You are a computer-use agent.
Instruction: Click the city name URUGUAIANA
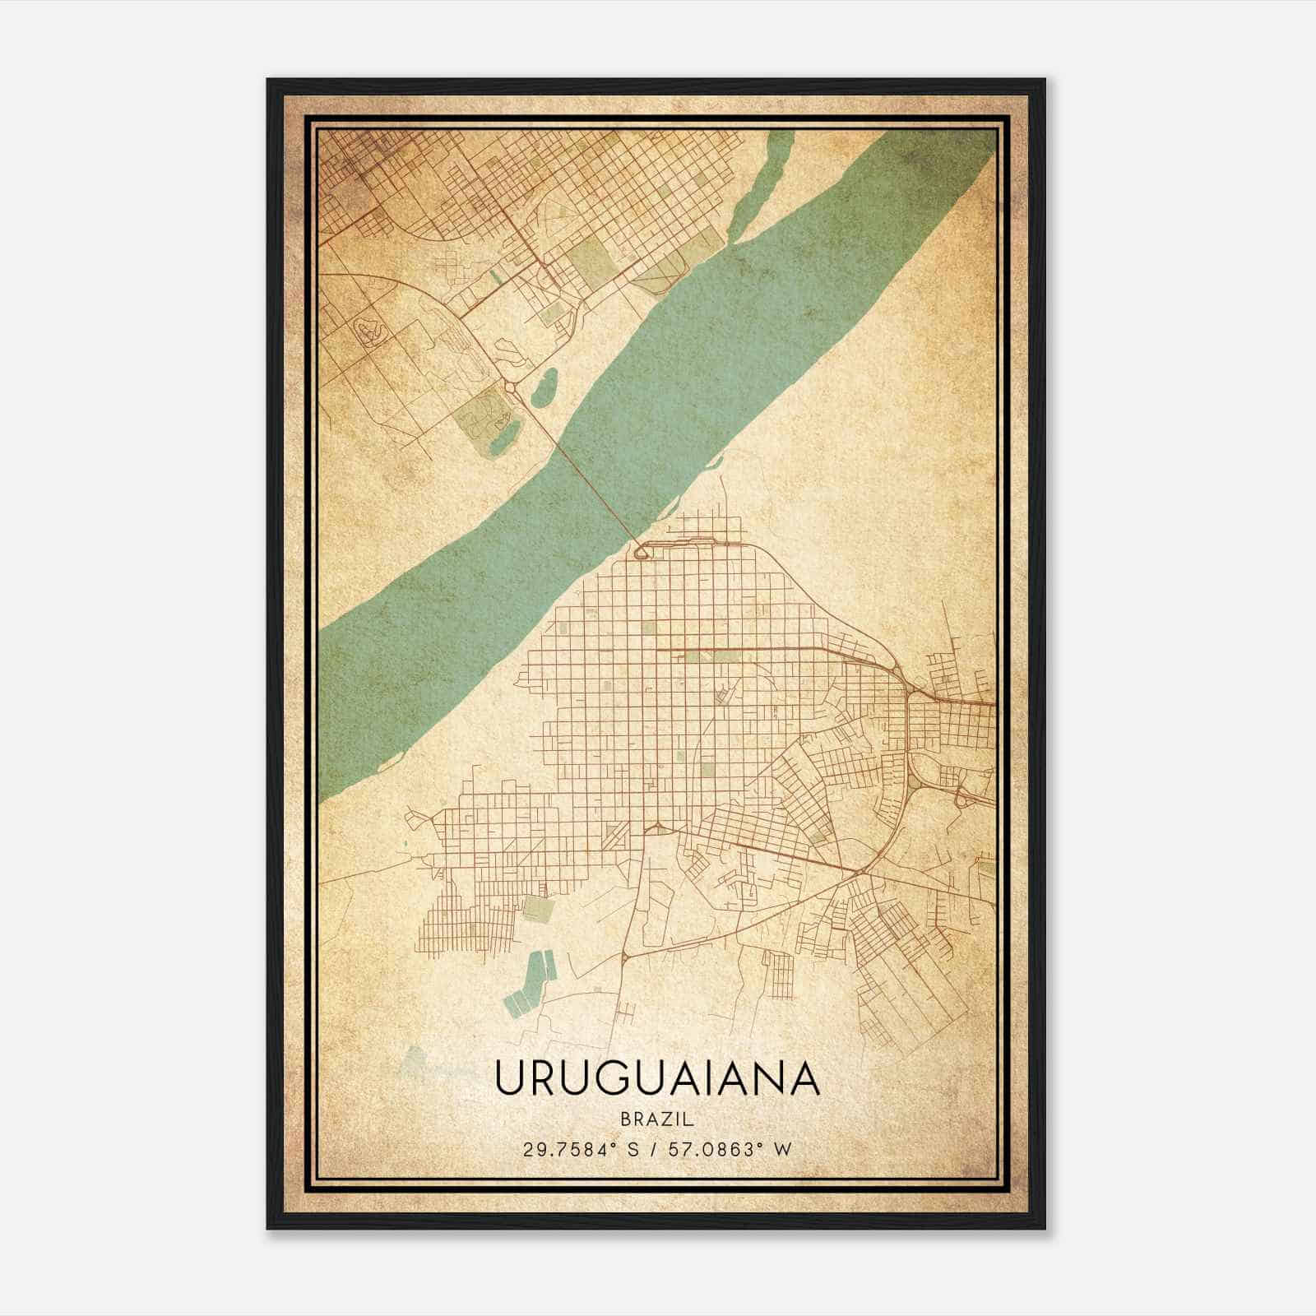[657, 1078]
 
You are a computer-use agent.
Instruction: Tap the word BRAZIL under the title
[657, 1119]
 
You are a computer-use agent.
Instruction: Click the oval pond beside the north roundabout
[544, 387]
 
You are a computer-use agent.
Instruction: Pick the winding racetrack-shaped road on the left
[371, 330]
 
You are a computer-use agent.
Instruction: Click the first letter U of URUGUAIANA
[508, 1078]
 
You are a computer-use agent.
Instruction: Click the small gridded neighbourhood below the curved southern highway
[778, 975]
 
